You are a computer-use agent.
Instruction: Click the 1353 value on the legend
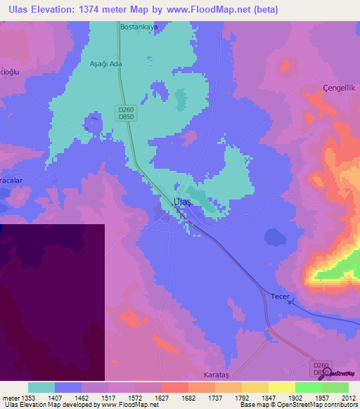pyautogui.click(x=28, y=397)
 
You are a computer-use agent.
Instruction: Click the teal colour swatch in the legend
pyautogui.click(x=41, y=387)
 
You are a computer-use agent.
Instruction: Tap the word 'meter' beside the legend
pyautogui.click(x=10, y=397)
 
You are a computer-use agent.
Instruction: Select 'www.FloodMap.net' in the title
pyautogui.click(x=216, y=10)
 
